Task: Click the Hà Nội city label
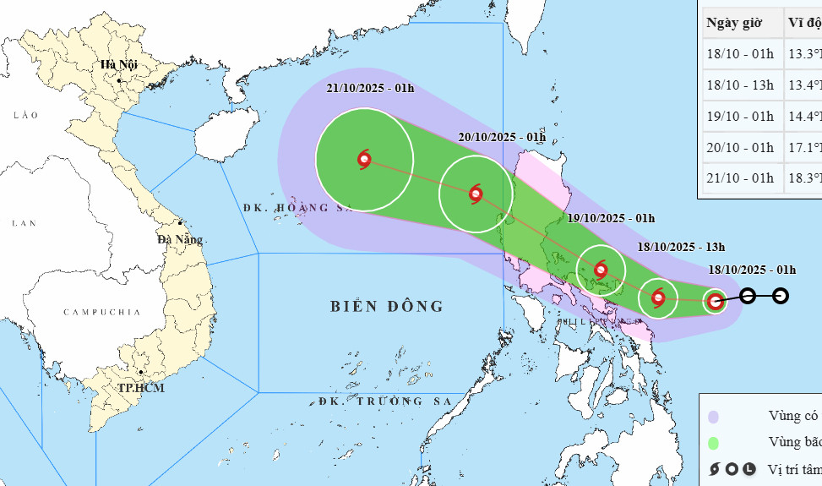(x=117, y=64)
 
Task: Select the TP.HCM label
(x=141, y=388)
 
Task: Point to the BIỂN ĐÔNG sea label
(x=387, y=306)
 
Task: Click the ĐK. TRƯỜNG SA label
(x=386, y=401)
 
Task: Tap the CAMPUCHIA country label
(x=101, y=312)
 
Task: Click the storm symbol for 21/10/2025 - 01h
(x=364, y=159)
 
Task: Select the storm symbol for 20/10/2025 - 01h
(x=476, y=194)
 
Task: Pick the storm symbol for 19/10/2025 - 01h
(x=601, y=270)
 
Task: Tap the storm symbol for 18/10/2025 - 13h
(x=658, y=298)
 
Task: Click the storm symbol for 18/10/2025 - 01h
(x=716, y=301)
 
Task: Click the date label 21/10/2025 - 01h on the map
(x=372, y=88)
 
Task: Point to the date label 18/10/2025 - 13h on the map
(x=682, y=247)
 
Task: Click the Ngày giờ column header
(x=740, y=22)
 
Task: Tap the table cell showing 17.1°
(x=804, y=147)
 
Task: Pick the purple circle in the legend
(x=714, y=417)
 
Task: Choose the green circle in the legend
(x=714, y=443)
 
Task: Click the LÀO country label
(x=25, y=114)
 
